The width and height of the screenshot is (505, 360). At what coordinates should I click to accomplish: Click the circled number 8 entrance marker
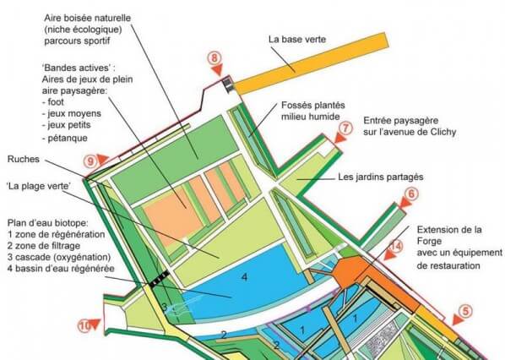(214, 58)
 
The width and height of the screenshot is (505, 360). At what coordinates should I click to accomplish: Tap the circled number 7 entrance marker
(345, 128)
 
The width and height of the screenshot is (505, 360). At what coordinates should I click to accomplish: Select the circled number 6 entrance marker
(411, 194)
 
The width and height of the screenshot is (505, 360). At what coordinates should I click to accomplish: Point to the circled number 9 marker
(90, 161)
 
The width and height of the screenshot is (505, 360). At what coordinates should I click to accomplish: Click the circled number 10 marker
(84, 326)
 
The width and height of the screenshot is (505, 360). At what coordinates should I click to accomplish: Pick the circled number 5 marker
(465, 311)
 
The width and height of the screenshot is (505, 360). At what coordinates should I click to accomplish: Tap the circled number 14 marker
(396, 246)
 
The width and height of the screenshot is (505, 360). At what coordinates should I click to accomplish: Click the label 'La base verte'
(297, 40)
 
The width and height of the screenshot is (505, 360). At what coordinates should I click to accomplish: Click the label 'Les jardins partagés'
(381, 177)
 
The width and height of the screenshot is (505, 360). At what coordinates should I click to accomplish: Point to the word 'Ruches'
(24, 159)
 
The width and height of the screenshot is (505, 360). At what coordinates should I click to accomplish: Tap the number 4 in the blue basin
(245, 277)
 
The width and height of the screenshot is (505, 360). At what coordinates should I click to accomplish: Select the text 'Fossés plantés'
(313, 105)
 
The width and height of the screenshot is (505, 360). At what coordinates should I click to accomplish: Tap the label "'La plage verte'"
(39, 186)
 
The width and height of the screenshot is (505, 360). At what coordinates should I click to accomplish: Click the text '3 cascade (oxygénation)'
(59, 257)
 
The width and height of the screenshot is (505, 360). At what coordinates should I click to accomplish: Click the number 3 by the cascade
(165, 307)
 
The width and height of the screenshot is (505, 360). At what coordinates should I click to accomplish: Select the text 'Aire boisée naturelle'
(88, 18)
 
